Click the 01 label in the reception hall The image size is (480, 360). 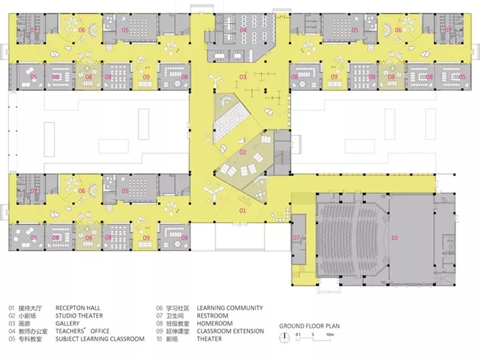click(243, 211)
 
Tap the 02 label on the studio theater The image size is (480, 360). click(243, 152)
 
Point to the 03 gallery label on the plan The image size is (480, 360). click(243, 77)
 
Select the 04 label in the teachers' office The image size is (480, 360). click(243, 29)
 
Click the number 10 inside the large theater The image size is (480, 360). click(395, 238)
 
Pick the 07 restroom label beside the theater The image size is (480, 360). click(296, 238)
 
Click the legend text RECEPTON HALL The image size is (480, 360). click(77, 308)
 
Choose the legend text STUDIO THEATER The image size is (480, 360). click(79, 316)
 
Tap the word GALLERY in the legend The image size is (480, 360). click(67, 323)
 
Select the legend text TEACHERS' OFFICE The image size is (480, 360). click(83, 331)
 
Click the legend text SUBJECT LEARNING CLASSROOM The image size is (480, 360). click(100, 339)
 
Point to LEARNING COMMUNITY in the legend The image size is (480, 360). click(230, 308)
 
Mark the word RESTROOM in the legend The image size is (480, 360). click(212, 316)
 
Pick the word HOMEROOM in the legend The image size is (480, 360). click(214, 323)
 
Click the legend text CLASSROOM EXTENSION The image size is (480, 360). click(230, 331)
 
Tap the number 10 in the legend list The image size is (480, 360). click(159, 339)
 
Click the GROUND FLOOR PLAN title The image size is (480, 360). click(310, 326)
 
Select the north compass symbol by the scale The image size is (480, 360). click(285, 337)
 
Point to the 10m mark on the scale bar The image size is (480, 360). click(330, 334)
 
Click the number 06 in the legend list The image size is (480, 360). click(159, 308)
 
